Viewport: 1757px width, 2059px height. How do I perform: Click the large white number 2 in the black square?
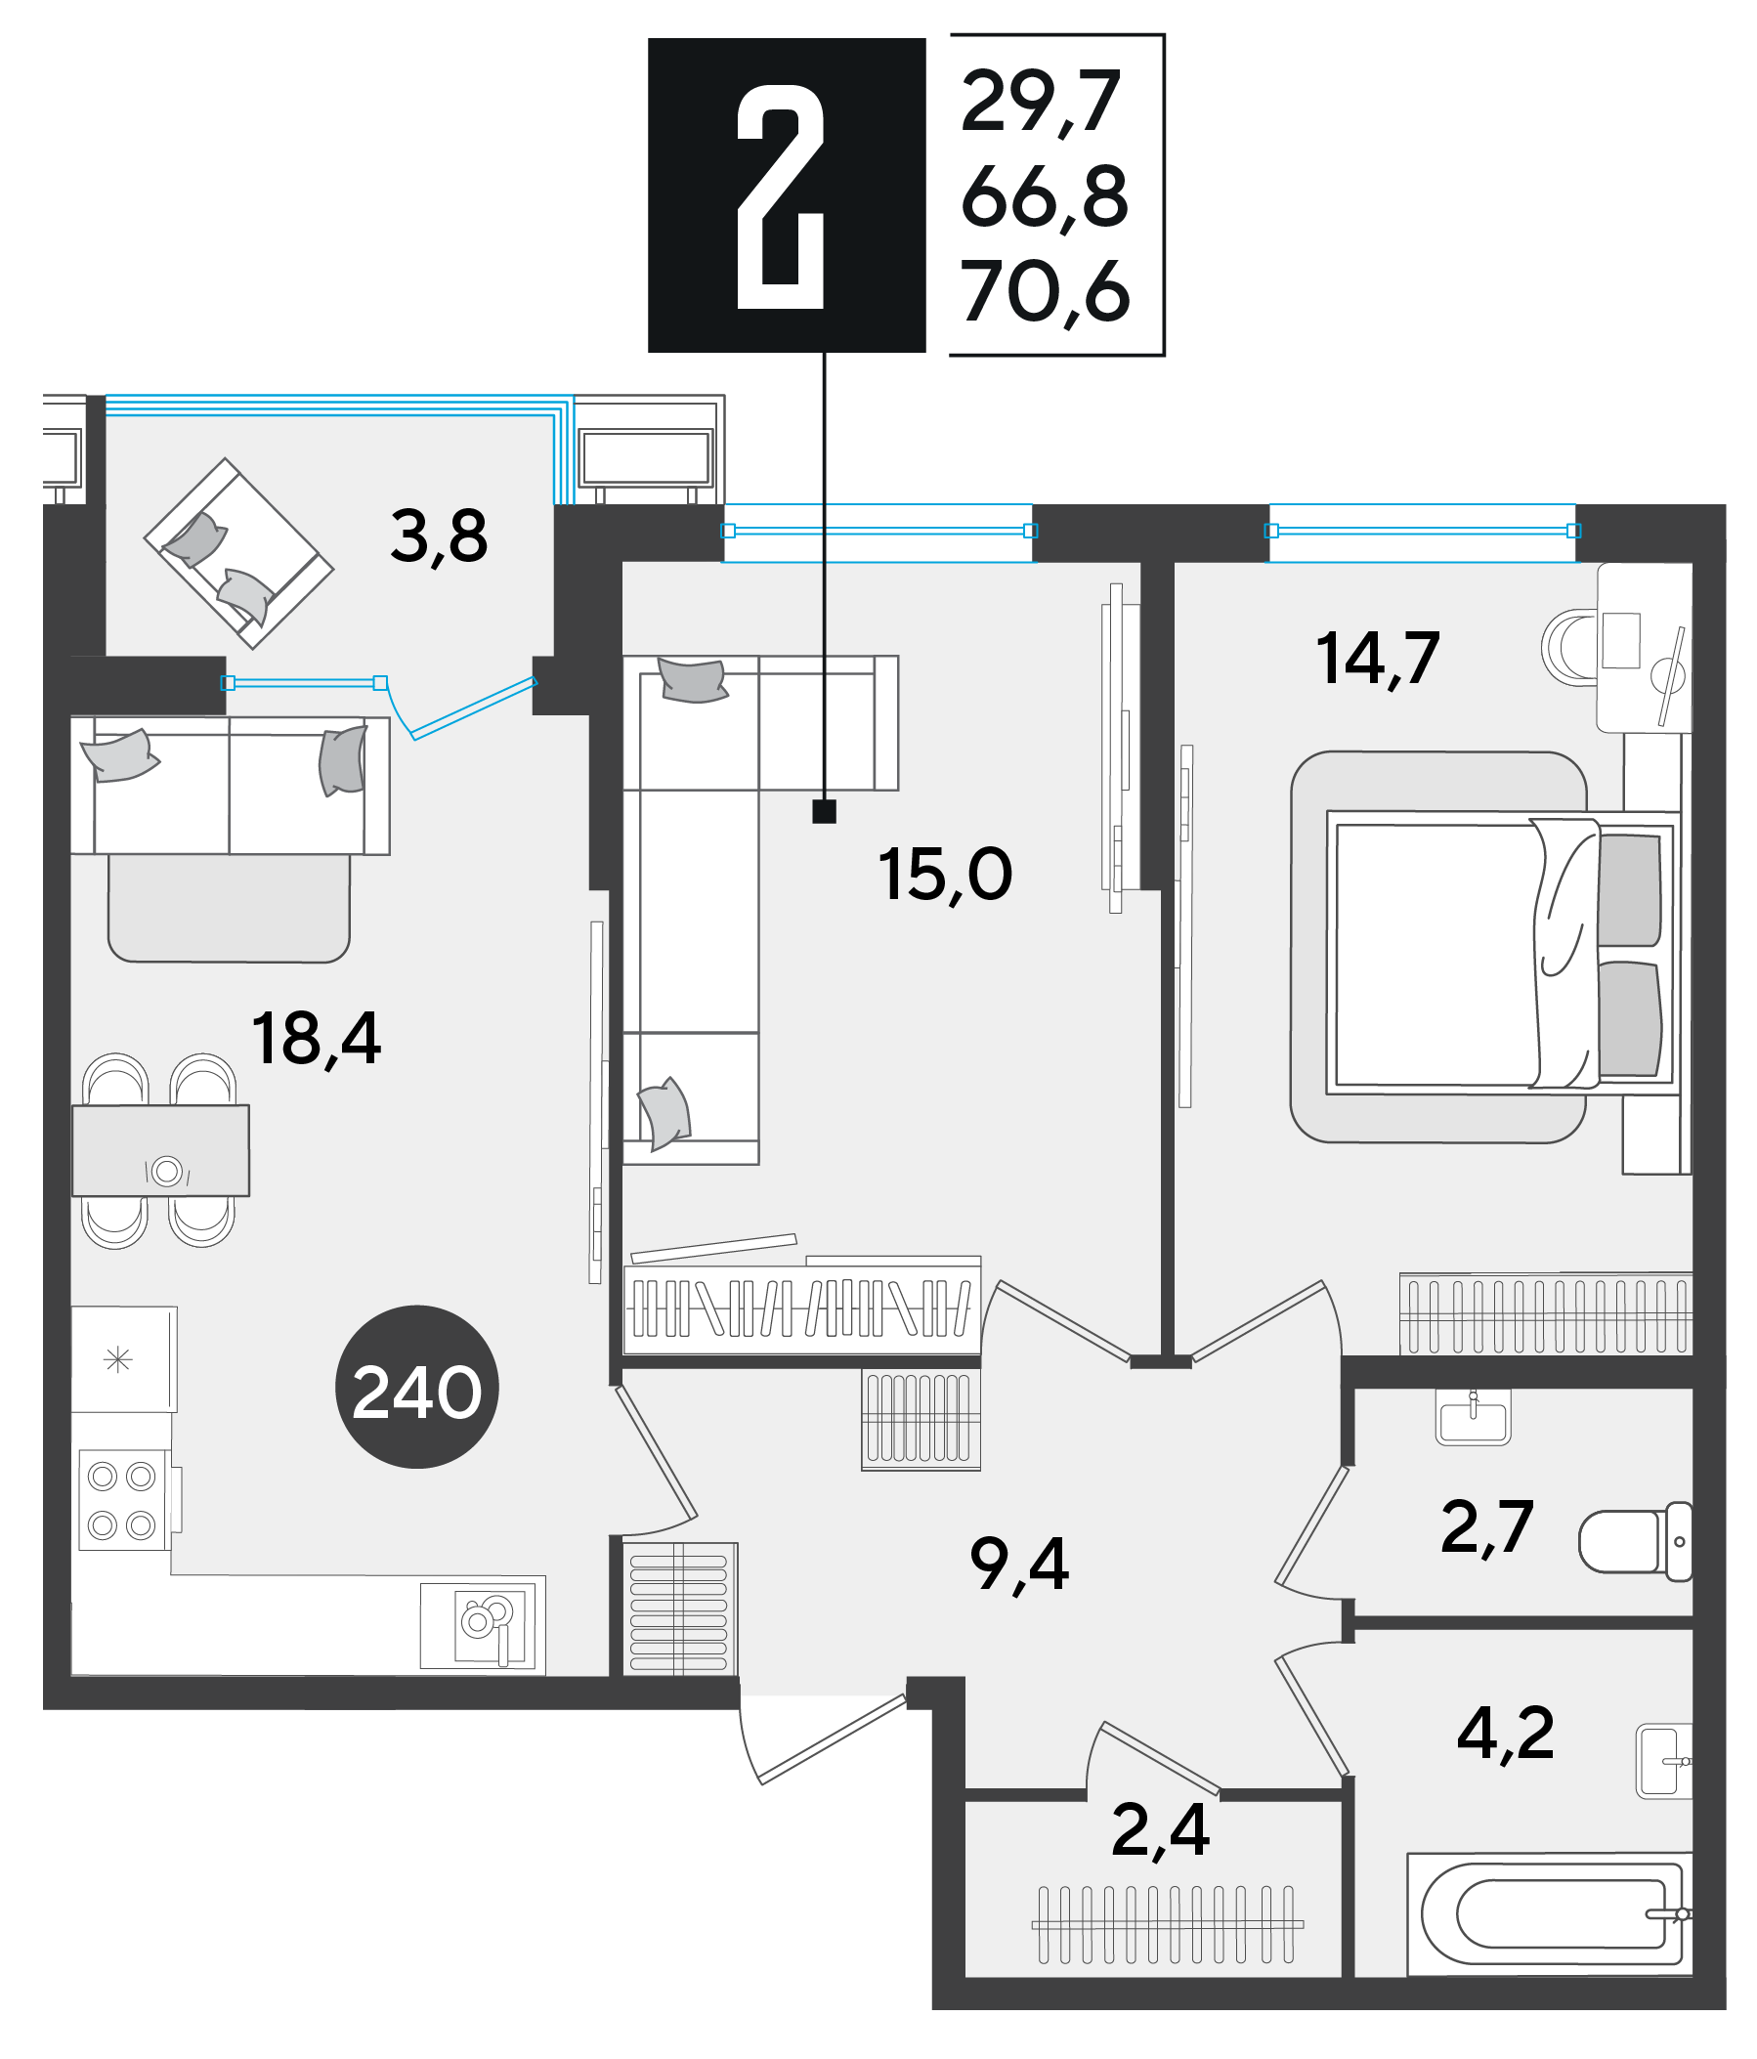point(780,195)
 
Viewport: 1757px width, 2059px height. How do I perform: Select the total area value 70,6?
point(1046,291)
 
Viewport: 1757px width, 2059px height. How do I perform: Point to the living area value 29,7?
point(1042,102)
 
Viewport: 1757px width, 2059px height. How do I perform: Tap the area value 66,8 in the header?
point(1046,196)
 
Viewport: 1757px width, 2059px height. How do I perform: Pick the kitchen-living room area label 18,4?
point(316,1040)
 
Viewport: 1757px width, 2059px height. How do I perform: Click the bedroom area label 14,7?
point(1378,659)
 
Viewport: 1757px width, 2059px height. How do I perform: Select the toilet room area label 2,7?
point(1486,1526)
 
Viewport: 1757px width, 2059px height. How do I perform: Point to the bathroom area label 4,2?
point(1506,1733)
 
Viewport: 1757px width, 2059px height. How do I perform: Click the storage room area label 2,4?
point(1161,1830)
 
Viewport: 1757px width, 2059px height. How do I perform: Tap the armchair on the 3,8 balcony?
point(238,553)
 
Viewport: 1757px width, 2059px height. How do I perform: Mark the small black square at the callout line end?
point(824,812)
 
